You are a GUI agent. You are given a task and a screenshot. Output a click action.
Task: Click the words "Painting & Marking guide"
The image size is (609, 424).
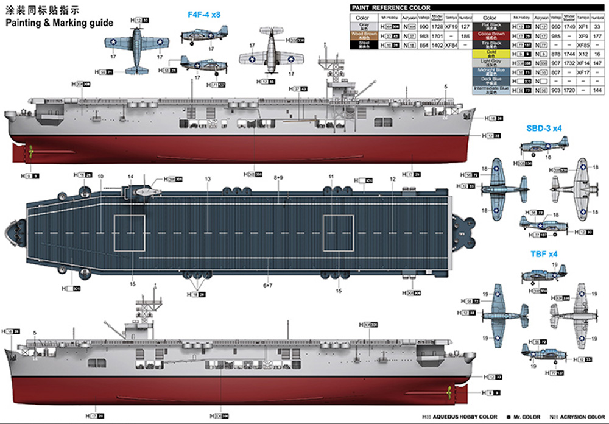coord(59,23)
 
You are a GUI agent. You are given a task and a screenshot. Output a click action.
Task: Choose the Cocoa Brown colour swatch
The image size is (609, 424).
coord(490,35)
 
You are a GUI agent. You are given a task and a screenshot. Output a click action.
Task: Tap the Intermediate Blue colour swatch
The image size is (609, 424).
coord(490,89)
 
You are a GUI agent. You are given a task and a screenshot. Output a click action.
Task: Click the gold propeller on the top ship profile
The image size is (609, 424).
coord(27,150)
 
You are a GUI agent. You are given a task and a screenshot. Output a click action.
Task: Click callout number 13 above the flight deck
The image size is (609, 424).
coord(208,178)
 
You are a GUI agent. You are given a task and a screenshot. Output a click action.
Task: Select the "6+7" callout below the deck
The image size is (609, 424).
coord(267,284)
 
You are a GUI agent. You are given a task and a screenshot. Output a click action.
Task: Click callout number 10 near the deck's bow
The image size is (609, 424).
coord(100,177)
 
